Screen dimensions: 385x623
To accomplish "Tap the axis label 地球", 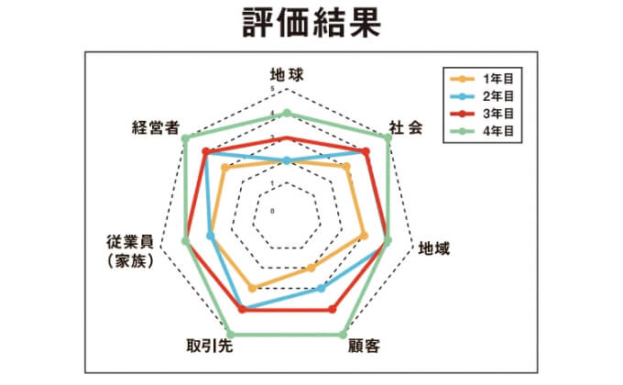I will pos(287,74).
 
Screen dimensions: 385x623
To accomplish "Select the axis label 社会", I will pos(406,128).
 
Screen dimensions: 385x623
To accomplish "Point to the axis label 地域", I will pos(434,247).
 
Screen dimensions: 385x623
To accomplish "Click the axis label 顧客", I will pos(365,346).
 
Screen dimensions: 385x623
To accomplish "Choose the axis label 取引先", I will pos(208,346).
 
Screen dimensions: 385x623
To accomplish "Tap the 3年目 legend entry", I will pos(486,114).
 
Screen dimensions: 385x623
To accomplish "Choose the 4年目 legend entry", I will pos(486,131).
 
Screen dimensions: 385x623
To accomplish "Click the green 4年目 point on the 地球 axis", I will pos(287,114).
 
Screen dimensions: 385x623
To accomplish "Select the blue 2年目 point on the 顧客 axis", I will pos(321,288).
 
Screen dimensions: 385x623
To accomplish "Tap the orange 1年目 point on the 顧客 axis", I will pos(311,269).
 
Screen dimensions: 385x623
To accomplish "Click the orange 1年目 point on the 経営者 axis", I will pos(224,168).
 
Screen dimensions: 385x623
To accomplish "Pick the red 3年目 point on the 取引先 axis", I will pos(242,311).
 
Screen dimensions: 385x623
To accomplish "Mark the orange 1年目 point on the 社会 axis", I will pos(347,168).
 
